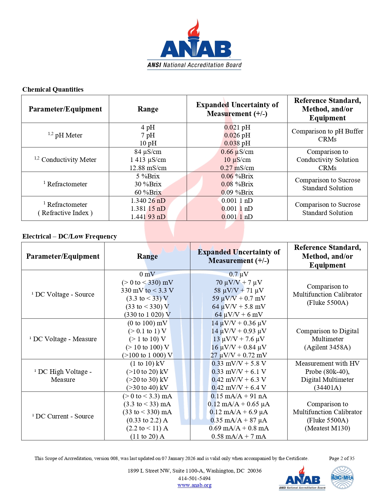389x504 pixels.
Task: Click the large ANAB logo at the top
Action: point(194,44)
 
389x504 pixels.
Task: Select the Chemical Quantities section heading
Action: point(53,89)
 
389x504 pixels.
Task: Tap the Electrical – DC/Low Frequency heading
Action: point(70,236)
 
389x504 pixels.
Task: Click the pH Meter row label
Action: point(65,135)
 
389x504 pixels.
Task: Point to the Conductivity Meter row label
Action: point(65,160)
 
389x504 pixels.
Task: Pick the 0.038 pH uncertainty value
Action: point(237,143)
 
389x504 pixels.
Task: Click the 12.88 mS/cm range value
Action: point(148,168)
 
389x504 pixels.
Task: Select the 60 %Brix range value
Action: point(148,192)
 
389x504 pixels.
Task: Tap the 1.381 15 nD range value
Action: point(148,209)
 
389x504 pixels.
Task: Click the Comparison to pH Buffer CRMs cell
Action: point(327,135)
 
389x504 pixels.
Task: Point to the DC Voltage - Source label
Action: point(63,294)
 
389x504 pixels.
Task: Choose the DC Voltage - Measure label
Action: point(63,339)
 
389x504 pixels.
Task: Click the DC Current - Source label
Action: point(63,416)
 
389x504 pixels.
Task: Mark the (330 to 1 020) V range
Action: point(147,315)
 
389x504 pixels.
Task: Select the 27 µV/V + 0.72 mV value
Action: point(239,355)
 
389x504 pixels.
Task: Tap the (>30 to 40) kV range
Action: point(147,388)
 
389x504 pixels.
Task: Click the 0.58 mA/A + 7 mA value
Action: point(239,436)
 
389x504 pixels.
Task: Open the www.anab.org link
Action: point(194,485)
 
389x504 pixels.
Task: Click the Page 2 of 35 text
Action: point(342,458)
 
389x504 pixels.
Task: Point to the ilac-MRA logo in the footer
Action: point(342,477)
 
